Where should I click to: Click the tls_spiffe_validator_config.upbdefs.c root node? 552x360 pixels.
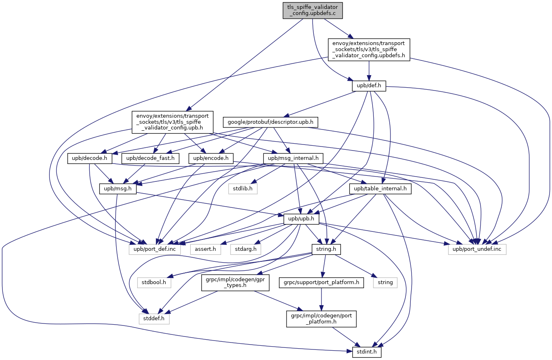[x=313, y=10]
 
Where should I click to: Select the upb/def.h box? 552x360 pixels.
[x=369, y=86]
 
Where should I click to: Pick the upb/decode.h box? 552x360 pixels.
[x=90, y=158]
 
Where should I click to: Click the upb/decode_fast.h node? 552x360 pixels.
[x=151, y=158]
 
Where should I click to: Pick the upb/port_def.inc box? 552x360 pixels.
[x=155, y=248]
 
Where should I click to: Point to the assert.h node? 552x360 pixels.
[x=205, y=248]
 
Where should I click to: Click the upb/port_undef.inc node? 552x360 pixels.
[x=477, y=248]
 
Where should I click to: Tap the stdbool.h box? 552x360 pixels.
[x=154, y=282]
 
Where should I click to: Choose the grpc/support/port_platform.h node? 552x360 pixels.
[x=321, y=282]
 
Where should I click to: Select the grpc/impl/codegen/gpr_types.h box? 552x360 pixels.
[x=235, y=282]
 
